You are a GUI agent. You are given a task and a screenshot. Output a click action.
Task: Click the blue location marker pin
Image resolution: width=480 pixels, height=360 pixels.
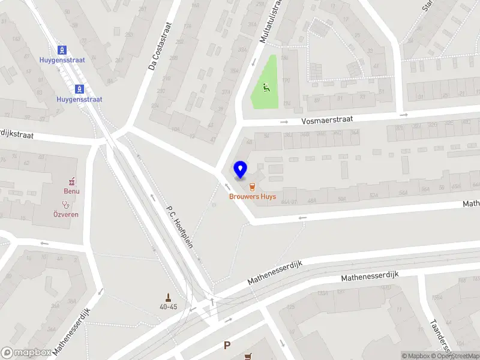click(x=241, y=170)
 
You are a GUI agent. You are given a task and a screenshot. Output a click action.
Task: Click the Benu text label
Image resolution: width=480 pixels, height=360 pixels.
click(x=72, y=191)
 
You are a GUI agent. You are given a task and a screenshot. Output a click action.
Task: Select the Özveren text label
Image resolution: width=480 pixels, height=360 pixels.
click(x=65, y=214)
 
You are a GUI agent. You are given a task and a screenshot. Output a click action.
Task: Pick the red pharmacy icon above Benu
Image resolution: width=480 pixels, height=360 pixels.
click(x=72, y=181)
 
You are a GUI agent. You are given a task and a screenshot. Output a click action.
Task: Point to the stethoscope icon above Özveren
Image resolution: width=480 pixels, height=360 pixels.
click(x=65, y=204)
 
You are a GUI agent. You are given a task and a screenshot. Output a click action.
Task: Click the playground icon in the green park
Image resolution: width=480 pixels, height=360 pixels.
click(x=266, y=88)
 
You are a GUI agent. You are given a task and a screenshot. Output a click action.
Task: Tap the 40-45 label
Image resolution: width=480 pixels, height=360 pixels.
click(x=169, y=307)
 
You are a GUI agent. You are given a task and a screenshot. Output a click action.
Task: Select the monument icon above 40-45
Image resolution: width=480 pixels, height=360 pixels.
click(x=169, y=296)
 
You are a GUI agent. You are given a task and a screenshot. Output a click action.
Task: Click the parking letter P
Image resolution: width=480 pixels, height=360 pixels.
click(x=227, y=345)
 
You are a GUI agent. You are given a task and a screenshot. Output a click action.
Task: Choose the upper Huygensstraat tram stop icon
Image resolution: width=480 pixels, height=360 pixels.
click(x=61, y=49)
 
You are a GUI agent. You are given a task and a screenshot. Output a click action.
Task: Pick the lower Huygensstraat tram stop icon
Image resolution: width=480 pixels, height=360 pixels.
click(x=79, y=89)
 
